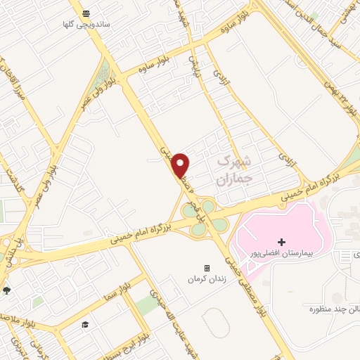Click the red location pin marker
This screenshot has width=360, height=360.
click(x=181, y=165)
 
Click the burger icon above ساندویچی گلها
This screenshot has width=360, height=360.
click(x=86, y=13)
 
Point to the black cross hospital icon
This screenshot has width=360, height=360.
click(x=282, y=242)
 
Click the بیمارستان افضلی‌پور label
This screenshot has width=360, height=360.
click(x=282, y=252)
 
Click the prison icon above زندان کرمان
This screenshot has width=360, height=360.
click(x=207, y=268)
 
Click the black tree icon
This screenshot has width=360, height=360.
click(x=7, y=290)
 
